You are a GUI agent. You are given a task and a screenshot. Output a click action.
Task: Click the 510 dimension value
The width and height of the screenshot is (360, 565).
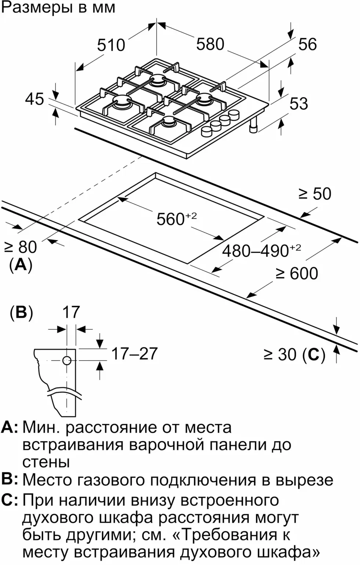click(111, 45)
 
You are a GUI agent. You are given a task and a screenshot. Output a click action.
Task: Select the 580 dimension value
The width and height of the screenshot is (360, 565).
click(210, 44)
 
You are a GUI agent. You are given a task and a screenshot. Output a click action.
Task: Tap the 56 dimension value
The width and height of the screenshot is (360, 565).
click(307, 44)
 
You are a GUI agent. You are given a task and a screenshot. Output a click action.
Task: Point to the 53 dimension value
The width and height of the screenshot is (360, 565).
click(298, 103)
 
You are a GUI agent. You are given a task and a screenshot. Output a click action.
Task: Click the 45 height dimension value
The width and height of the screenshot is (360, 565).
click(34, 99)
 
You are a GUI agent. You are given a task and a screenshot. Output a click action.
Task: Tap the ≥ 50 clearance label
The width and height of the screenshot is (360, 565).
click(315, 194)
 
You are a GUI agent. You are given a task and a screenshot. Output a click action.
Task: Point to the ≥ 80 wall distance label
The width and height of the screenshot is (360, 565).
click(21, 247)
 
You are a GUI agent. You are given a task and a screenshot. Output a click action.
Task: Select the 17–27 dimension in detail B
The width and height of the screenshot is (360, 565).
click(134, 354)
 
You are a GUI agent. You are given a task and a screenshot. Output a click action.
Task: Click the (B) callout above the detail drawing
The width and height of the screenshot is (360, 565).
click(21, 312)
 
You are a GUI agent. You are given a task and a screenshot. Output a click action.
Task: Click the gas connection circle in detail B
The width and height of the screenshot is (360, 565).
click(66, 361)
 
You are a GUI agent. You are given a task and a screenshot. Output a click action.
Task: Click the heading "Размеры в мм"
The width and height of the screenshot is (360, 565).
click(59, 7)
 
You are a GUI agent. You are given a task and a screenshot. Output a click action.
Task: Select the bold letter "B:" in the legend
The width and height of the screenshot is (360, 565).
click(10, 479)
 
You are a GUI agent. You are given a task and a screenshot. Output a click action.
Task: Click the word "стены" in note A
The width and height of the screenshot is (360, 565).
click(46, 462)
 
